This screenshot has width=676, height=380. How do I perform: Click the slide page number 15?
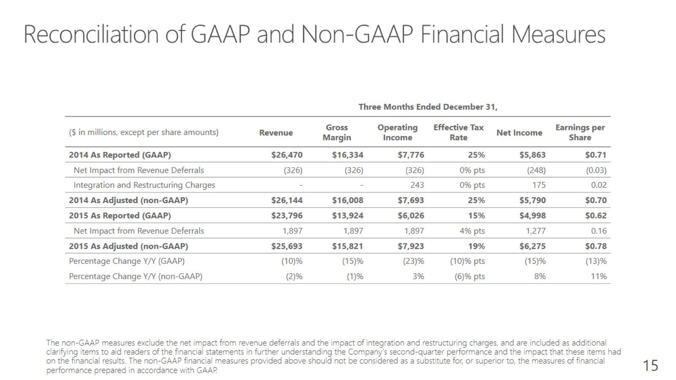click(x=650, y=366)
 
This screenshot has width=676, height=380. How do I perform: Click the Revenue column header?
click(x=276, y=133)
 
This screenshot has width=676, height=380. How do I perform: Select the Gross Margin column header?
click(x=337, y=133)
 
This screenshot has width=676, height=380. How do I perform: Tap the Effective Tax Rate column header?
click(x=458, y=133)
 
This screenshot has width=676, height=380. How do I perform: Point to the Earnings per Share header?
click(x=580, y=133)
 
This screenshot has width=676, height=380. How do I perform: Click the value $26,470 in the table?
click(x=287, y=155)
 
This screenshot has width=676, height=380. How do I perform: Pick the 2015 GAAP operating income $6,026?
click(x=411, y=216)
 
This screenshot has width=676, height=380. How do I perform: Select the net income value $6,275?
click(x=532, y=247)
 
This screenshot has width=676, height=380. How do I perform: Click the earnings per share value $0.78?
click(x=596, y=247)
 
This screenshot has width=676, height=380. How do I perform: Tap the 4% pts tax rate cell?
click(x=472, y=231)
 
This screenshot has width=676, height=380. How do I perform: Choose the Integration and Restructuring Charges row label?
click(x=144, y=185)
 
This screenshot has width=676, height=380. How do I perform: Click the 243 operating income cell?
click(x=417, y=185)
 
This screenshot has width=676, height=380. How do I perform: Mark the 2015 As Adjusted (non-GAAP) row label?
click(x=128, y=247)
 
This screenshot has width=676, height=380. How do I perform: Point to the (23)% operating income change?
click(x=414, y=261)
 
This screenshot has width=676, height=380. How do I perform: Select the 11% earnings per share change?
click(x=599, y=276)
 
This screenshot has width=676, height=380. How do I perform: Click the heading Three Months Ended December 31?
click(x=428, y=107)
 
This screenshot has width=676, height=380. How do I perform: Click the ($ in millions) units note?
click(x=144, y=133)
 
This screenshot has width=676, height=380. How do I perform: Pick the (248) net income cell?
click(x=536, y=171)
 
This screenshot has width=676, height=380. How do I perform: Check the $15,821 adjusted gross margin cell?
click(x=347, y=247)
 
